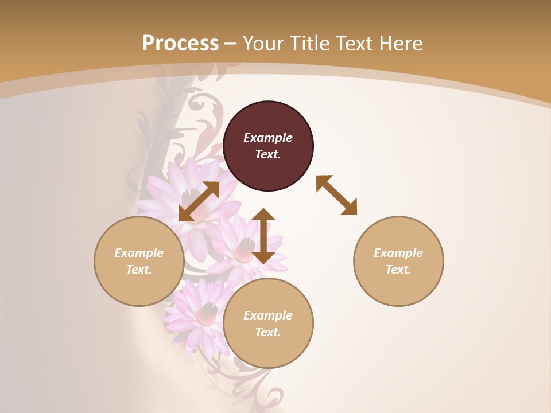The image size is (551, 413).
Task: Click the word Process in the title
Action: [x=180, y=44]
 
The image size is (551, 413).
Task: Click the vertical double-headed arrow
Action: [x=263, y=236]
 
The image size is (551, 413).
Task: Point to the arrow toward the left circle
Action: [x=199, y=201]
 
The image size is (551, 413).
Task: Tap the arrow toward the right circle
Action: [x=336, y=195]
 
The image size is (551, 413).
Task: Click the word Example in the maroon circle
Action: [x=268, y=138]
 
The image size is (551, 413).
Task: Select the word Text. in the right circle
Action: [x=398, y=270]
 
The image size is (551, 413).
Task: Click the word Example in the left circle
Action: [x=139, y=253]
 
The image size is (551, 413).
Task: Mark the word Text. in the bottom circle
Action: [x=268, y=332]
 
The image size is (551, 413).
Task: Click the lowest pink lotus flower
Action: [x=198, y=313]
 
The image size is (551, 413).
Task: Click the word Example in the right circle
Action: [x=398, y=253]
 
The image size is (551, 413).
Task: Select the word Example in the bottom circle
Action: [x=268, y=315]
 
